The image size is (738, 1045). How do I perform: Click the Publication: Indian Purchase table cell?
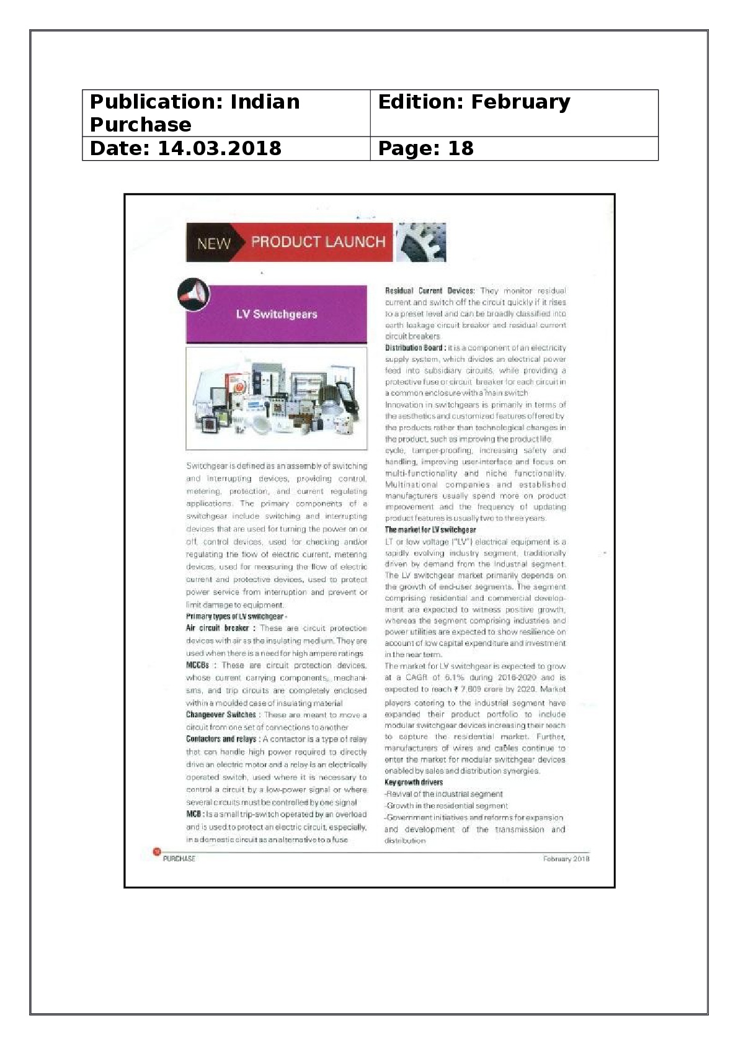click(226, 113)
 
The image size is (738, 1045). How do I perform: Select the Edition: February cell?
click(513, 113)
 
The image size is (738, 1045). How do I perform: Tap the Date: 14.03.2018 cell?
click(226, 148)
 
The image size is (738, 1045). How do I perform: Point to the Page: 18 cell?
click(513, 148)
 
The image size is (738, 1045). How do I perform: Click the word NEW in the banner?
click(214, 243)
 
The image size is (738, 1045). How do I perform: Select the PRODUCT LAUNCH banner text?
click(318, 242)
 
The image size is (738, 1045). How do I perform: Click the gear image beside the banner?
click(420, 243)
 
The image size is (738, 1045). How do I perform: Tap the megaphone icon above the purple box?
click(193, 294)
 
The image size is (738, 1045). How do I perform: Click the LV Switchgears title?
click(277, 314)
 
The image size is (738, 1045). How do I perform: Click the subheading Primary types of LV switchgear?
click(234, 616)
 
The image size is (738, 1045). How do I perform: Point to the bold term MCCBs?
click(197, 665)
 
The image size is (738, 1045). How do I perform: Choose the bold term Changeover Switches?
click(221, 715)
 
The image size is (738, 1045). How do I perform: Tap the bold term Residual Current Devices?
click(429, 290)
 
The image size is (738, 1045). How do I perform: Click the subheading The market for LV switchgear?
click(430, 530)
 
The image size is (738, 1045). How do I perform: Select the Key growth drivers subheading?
click(414, 783)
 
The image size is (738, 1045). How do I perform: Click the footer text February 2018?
click(566, 859)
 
